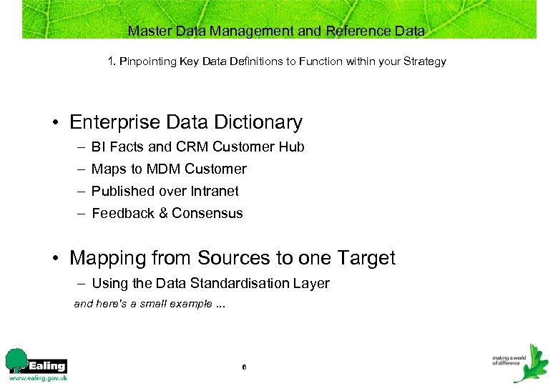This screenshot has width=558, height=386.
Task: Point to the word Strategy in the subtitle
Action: click(x=424, y=61)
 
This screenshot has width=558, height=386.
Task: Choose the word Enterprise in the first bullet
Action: click(x=116, y=122)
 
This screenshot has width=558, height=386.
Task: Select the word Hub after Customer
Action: click(x=293, y=147)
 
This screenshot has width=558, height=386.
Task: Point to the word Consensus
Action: click(x=207, y=214)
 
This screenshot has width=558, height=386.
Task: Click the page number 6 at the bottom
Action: click(x=244, y=367)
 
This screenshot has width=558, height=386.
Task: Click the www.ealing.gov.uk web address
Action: click(x=37, y=378)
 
